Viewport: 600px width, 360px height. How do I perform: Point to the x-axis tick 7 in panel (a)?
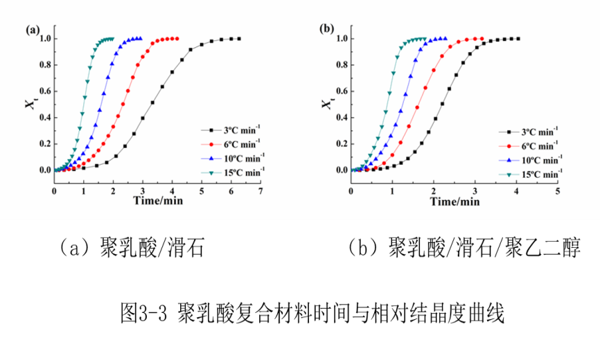click(x=261, y=190)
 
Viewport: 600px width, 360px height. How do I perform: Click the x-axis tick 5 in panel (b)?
click(x=557, y=190)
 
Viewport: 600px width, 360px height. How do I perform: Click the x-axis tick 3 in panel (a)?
click(x=143, y=190)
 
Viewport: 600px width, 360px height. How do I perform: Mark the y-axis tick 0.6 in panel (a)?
click(x=44, y=91)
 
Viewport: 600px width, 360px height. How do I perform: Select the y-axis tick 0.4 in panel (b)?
click(x=340, y=117)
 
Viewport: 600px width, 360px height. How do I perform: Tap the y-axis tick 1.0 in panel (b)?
click(x=340, y=39)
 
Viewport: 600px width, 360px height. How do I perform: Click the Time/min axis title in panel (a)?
click(x=159, y=201)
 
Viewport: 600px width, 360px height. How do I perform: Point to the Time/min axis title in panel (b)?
click(x=455, y=201)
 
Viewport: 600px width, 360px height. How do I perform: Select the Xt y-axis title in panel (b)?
click(x=326, y=103)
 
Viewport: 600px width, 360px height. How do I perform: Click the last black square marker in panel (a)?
click(x=239, y=39)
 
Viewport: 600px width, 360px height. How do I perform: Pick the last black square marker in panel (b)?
click(x=518, y=39)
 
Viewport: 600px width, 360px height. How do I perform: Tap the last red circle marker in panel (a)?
click(x=177, y=39)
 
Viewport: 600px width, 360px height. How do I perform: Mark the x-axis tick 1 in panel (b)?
click(x=392, y=190)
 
